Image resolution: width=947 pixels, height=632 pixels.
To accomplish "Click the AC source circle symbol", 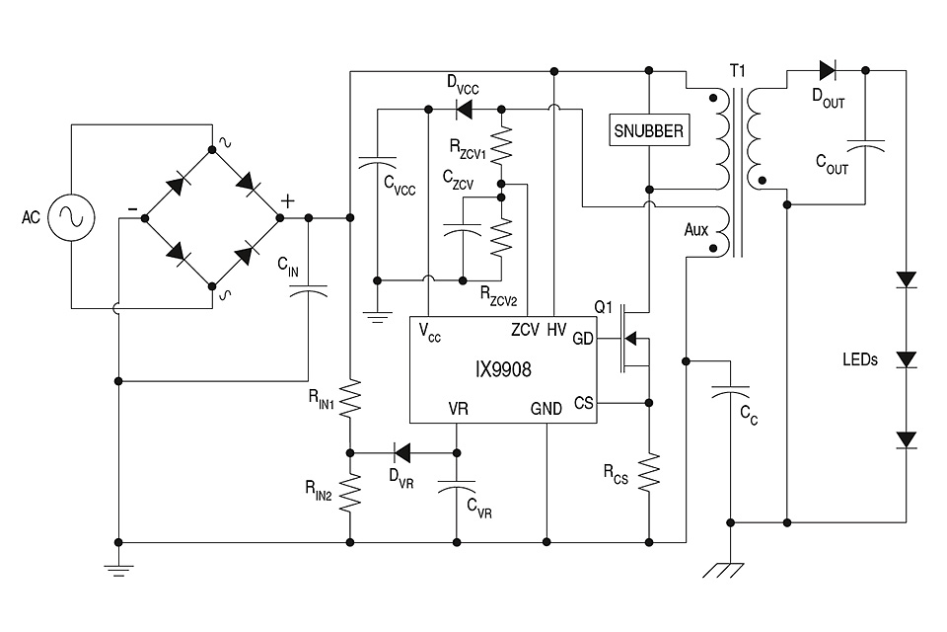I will click(x=73, y=216).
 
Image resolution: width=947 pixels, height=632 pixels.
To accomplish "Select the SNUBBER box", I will click(x=648, y=130).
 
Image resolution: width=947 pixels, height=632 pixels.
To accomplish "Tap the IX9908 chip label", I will click(x=503, y=370).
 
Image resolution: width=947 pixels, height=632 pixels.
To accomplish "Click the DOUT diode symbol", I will click(x=826, y=70).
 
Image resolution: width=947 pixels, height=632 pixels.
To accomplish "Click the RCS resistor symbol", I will click(x=649, y=471).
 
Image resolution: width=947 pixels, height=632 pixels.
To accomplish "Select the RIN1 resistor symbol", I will click(x=350, y=400).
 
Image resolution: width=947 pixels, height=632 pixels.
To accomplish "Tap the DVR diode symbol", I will click(x=402, y=453).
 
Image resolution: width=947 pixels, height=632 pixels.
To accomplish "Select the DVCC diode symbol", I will click(x=461, y=107).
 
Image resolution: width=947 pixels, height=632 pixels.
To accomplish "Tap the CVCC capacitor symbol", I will click(x=376, y=162).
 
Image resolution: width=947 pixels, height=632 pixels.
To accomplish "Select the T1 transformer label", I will click(x=737, y=71).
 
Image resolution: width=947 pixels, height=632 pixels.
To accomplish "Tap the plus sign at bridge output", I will click(x=288, y=199).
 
